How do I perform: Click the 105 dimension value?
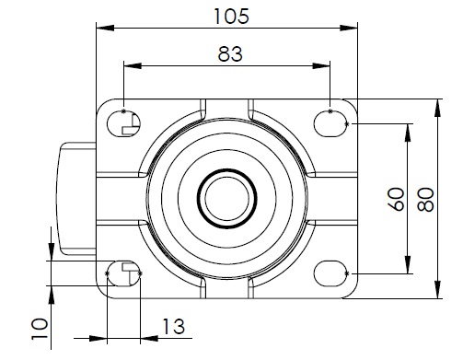click(x=231, y=17)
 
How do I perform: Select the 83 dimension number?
click(x=230, y=54)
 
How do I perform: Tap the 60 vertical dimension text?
click(x=397, y=199)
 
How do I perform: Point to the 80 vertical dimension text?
click(x=426, y=200)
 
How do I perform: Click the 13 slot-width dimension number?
click(x=173, y=327)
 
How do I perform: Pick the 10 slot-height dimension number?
click(x=40, y=329)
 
